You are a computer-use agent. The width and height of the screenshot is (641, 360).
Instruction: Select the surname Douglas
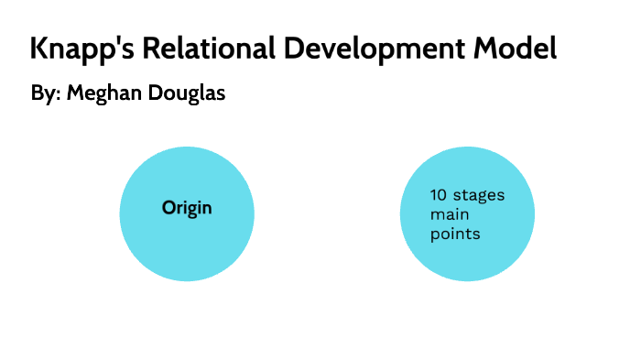tap(187, 94)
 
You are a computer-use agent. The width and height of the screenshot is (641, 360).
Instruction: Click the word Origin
tap(187, 208)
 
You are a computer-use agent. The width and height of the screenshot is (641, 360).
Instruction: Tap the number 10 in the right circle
tap(439, 195)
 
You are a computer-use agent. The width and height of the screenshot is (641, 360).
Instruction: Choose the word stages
tap(479, 195)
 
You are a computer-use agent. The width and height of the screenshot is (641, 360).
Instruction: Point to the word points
tap(455, 235)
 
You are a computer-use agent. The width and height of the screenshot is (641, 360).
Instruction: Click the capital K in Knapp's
tap(39, 48)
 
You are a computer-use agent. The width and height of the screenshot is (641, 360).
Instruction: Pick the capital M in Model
tap(485, 48)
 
